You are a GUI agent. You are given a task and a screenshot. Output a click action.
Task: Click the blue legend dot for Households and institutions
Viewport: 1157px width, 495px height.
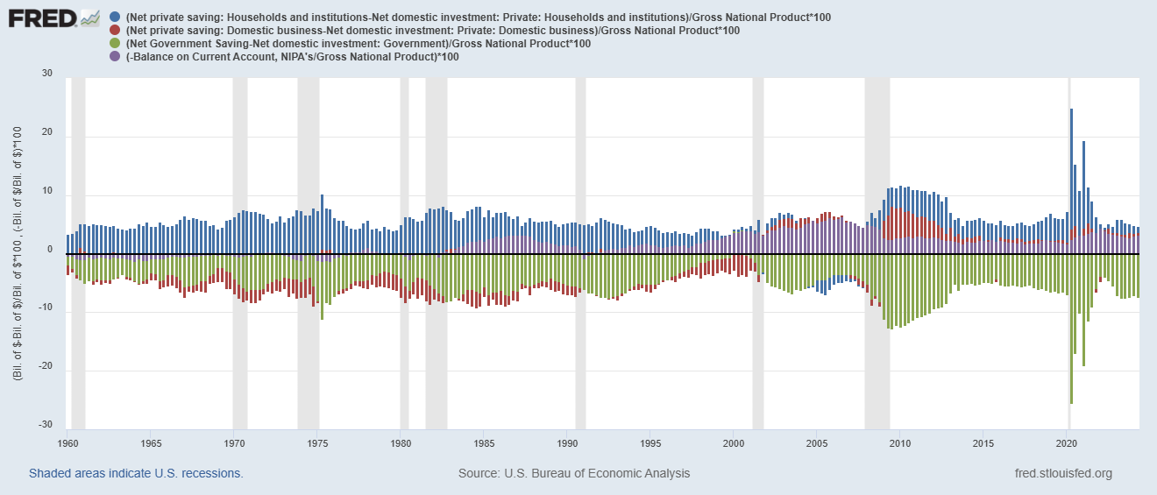click(117, 18)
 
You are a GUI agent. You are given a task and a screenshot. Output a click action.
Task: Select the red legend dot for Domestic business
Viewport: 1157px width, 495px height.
click(117, 31)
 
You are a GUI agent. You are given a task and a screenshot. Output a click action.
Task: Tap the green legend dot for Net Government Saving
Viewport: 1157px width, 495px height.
click(117, 44)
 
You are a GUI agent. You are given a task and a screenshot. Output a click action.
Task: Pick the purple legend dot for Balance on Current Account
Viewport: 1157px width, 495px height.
click(117, 56)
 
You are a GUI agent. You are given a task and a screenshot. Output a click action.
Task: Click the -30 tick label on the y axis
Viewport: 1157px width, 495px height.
click(46, 426)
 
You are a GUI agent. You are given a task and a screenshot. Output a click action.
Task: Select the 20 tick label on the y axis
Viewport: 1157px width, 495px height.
click(46, 134)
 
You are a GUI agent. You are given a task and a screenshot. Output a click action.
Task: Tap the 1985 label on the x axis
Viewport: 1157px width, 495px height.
click(483, 443)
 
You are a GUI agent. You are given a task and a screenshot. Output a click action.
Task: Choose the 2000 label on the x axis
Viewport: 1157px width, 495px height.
click(734, 443)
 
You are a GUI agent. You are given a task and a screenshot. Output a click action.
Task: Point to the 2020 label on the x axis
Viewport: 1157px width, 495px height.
click(1067, 443)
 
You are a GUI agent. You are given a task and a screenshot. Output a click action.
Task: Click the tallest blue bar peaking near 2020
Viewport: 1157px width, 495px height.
click(1071, 175)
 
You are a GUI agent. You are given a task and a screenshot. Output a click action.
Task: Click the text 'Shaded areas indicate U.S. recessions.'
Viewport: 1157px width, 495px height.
click(136, 473)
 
